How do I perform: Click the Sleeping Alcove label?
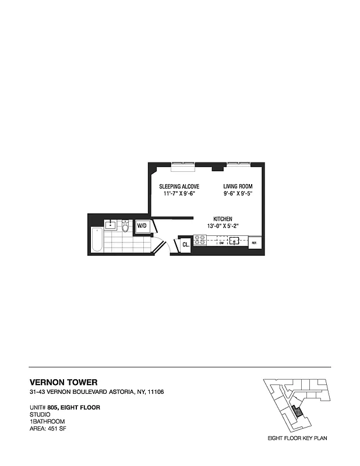click(x=179, y=186)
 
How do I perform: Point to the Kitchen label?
click(x=223, y=218)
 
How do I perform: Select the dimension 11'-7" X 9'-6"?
click(x=179, y=194)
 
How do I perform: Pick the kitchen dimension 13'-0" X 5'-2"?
click(x=223, y=226)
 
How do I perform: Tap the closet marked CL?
click(x=185, y=245)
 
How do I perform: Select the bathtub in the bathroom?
click(x=96, y=241)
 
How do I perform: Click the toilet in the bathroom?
click(x=125, y=226)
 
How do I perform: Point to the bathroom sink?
click(x=110, y=225)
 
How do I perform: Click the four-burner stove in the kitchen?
click(x=200, y=239)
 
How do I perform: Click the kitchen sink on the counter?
click(x=235, y=239)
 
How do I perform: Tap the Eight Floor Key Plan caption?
click(x=297, y=437)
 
